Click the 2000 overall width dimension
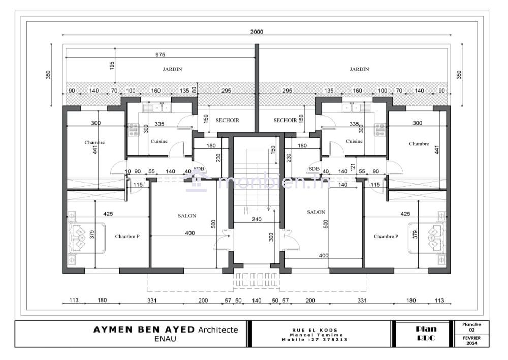[257, 32]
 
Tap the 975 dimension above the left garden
[160, 55]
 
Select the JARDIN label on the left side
[172, 69]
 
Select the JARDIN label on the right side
[359, 69]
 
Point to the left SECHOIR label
[228, 121]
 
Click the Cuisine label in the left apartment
[159, 141]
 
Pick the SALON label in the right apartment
[316, 212]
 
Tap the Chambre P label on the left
[128, 237]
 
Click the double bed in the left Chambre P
[86, 238]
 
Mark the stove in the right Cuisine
[380, 130]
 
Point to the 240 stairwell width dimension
[257, 220]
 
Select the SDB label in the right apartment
[314, 169]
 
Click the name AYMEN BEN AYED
[144, 330]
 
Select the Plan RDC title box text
[426, 334]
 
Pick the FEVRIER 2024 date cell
[471, 340]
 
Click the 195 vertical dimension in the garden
[112, 66]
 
